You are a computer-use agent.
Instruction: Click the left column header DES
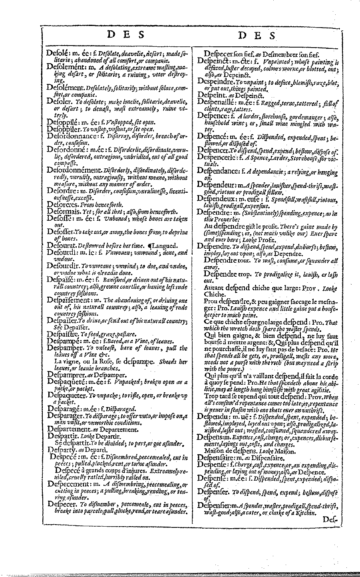coord(125,35)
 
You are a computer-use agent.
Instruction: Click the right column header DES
coord(257,36)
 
